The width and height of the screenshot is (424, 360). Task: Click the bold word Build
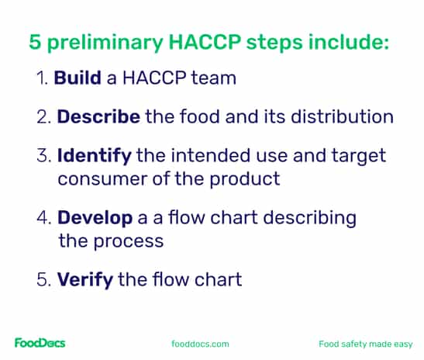[78, 78]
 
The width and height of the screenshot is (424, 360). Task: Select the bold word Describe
[98, 116]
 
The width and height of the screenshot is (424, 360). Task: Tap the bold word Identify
[95, 156]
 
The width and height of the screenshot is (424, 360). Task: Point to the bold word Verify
[85, 280]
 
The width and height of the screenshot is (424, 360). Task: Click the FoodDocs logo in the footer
[40, 343]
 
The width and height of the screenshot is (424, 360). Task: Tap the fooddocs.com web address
[200, 344]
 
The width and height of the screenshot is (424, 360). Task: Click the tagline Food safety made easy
[366, 344]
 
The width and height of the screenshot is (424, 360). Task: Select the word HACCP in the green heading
[205, 42]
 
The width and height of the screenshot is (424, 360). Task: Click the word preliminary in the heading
[105, 43]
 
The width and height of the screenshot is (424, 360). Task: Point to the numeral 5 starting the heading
[35, 42]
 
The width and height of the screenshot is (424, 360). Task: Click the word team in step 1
[214, 78]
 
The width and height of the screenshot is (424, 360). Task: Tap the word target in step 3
[359, 156]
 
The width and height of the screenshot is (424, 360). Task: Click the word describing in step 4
[309, 218]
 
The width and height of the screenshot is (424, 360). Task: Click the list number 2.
[43, 116]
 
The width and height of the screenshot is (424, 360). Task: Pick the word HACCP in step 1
[154, 78]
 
